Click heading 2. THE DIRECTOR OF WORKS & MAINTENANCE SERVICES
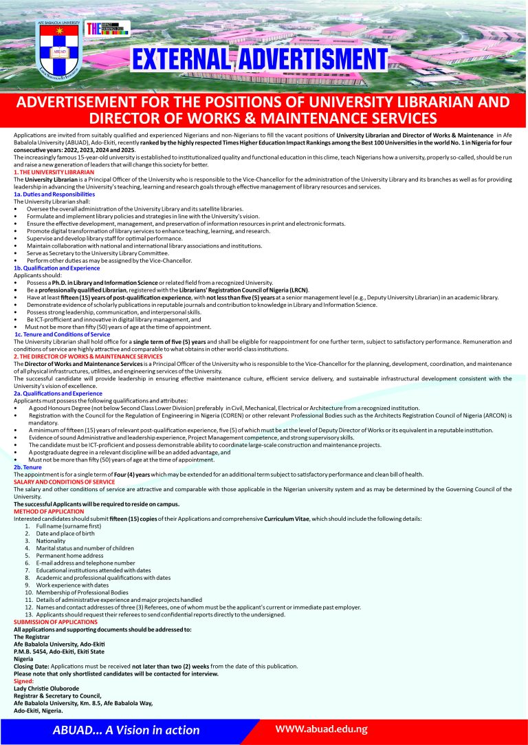click(x=88, y=356)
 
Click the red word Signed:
click(x=24, y=681)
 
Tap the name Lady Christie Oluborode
click(x=46, y=688)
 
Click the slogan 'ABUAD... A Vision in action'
click(x=126, y=730)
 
